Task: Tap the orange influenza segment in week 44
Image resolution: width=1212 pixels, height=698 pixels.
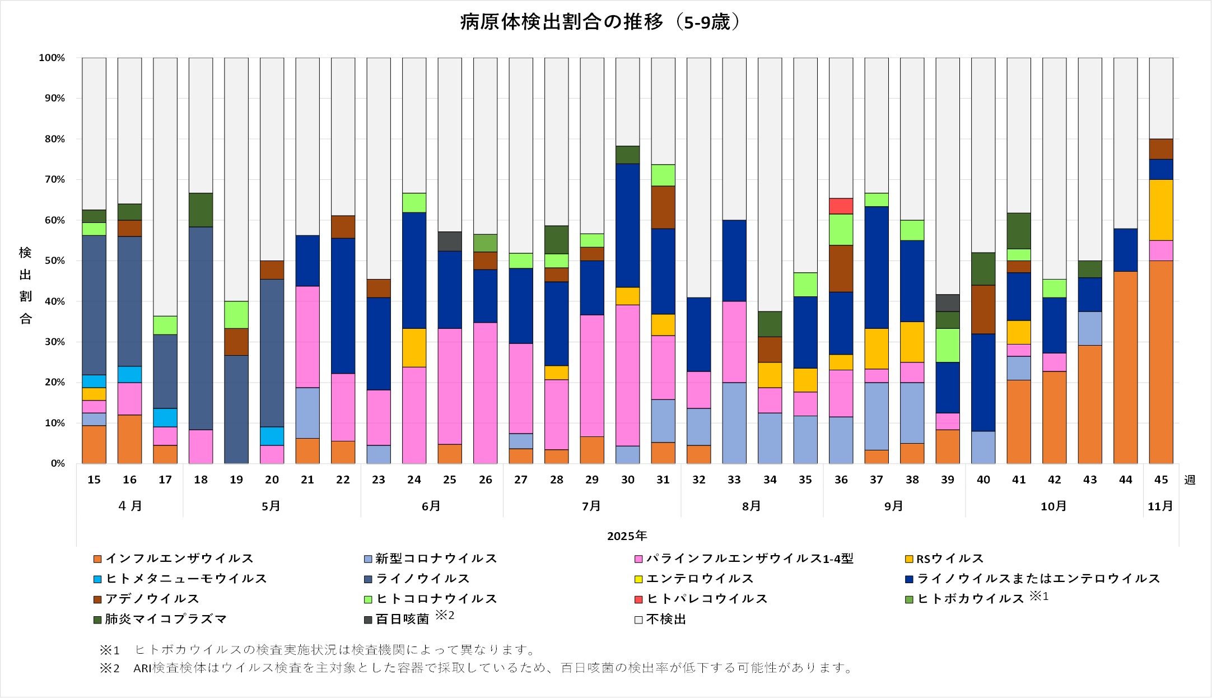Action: point(1125,367)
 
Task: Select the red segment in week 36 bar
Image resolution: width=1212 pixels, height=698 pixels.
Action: point(841,206)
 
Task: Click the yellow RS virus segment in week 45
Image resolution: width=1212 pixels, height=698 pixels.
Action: point(1160,210)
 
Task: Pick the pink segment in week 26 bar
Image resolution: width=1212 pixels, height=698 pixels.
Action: point(485,393)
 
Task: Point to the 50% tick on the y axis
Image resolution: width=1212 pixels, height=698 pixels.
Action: point(52,261)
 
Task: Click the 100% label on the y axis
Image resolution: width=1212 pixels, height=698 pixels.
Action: point(52,58)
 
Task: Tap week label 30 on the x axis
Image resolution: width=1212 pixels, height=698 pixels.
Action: point(627,480)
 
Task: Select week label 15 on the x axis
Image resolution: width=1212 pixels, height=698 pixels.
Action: point(94,480)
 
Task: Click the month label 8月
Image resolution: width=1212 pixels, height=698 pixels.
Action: point(752,506)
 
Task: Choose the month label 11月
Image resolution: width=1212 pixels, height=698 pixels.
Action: point(1160,506)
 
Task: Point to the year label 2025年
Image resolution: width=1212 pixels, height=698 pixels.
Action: point(627,536)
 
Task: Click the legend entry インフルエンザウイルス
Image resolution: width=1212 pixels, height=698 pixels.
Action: point(179,559)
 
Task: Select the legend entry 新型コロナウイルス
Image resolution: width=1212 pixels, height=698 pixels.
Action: point(436,559)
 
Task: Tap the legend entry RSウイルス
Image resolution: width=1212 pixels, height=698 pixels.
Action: point(949,559)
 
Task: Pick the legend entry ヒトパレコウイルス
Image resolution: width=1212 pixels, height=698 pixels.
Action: point(707,599)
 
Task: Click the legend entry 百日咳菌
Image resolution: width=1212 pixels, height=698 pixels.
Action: point(402,619)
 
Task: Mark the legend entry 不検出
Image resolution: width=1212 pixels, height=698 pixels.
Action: point(665,619)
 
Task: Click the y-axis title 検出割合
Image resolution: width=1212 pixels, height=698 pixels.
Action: point(25,286)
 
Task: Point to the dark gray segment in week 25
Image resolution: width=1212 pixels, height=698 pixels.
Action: point(450,241)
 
